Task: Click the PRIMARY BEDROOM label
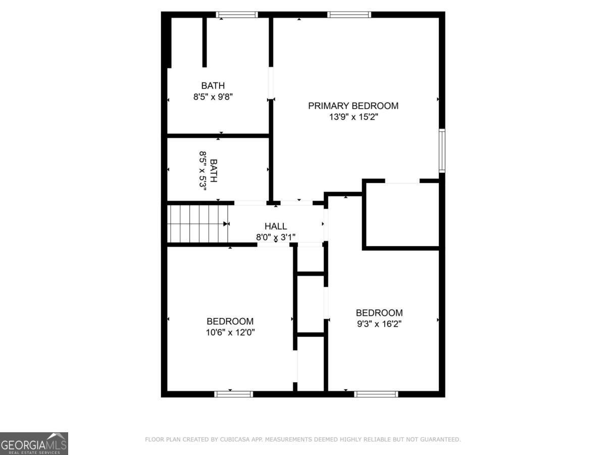coord(353,106)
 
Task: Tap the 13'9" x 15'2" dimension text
coord(353,117)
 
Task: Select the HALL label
coord(275,226)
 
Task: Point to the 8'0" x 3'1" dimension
coord(275,237)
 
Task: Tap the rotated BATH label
coord(214,170)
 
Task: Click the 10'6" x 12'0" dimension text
coord(230,332)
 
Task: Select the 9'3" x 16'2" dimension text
coord(379,324)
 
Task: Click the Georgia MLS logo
coord(34,443)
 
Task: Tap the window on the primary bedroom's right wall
coord(442,151)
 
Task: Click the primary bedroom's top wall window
coord(349,15)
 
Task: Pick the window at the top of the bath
coord(237,15)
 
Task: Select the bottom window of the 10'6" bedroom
coord(233,394)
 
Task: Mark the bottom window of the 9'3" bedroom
coord(376,394)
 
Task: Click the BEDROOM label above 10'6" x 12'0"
coord(230,321)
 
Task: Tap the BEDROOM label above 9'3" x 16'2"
coord(379,312)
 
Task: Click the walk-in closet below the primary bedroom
coord(402,214)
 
